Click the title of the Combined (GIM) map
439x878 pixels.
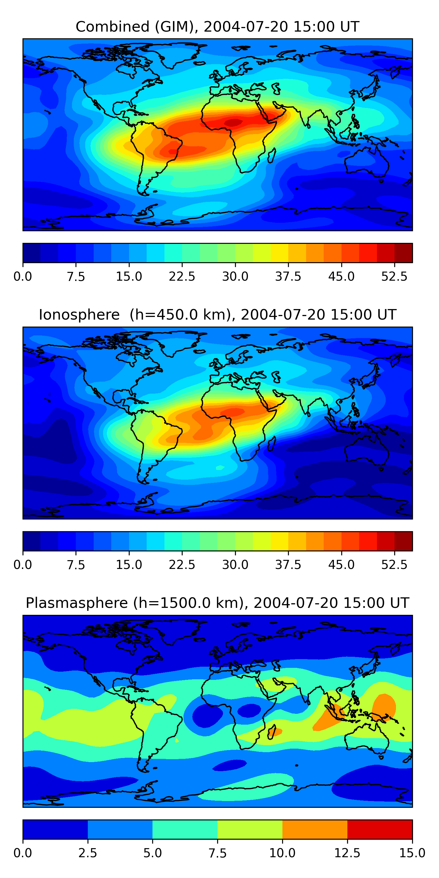tap(217, 27)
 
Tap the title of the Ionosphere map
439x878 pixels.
tap(217, 315)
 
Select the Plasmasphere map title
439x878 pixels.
tap(217, 603)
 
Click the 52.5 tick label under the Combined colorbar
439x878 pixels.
tap(394, 276)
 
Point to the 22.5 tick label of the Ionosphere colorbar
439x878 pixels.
tap(182, 565)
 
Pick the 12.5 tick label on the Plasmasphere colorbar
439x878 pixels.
tap(347, 853)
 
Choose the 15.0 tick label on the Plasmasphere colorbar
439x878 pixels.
tap(412, 853)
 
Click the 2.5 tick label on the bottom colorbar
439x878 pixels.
tap(88, 853)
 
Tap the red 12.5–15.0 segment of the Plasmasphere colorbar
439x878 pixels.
tap(380, 829)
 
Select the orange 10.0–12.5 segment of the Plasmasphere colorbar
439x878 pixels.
tap(315, 829)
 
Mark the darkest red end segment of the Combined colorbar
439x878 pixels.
tap(403, 253)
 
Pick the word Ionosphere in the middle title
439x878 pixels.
tap(79, 315)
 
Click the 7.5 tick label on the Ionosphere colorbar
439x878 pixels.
tap(76, 565)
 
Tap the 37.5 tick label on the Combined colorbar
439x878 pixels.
tap(288, 276)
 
